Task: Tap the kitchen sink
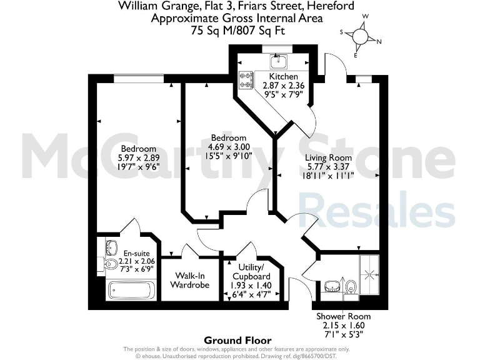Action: [277, 61]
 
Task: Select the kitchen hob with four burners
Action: [246, 81]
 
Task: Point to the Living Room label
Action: [328, 157]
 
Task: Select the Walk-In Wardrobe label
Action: [189, 279]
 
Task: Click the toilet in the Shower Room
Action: [351, 286]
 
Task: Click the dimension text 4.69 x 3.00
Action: [228, 147]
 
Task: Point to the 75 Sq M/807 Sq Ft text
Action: [237, 29]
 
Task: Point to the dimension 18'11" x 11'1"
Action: [328, 177]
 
